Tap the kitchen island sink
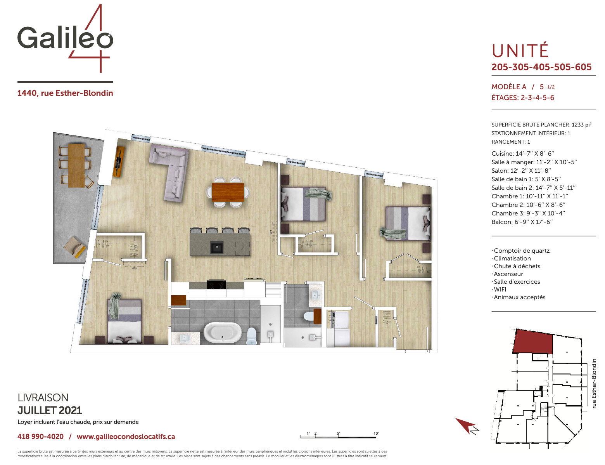pos(217,246)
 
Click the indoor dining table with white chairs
pos(228,192)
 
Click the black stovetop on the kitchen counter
pos(216,285)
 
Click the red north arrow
pos(466,425)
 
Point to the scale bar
pos(338,437)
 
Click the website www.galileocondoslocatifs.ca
pos(126,437)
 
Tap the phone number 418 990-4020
pos(40,437)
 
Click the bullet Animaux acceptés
pos(519,297)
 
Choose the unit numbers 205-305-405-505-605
pos(541,67)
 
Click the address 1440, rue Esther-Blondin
pos(65,93)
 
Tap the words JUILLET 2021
pos(50,411)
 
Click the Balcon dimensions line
pos(522,222)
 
